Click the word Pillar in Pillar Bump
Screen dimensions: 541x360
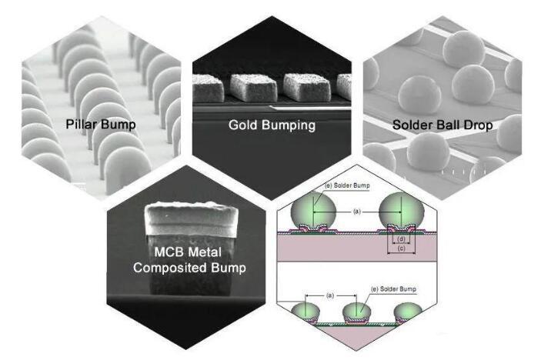[81, 124]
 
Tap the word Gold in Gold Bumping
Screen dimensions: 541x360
[243, 125]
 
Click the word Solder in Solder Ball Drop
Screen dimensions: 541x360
[410, 125]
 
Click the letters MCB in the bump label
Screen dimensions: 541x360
[167, 252]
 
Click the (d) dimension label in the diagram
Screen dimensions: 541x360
[401, 239]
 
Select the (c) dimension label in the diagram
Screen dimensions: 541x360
[401, 248]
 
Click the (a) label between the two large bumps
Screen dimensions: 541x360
[357, 212]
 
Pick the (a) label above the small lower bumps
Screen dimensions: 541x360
[330, 295]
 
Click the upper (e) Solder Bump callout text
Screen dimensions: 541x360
[347, 185]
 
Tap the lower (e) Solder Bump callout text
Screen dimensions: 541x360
[394, 289]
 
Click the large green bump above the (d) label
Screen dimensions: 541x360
[401, 210]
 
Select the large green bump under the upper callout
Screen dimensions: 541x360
[313, 210]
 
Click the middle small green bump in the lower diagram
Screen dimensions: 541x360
[357, 312]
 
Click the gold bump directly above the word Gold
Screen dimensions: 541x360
[254, 88]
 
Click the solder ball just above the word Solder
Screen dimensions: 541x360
[419, 95]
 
